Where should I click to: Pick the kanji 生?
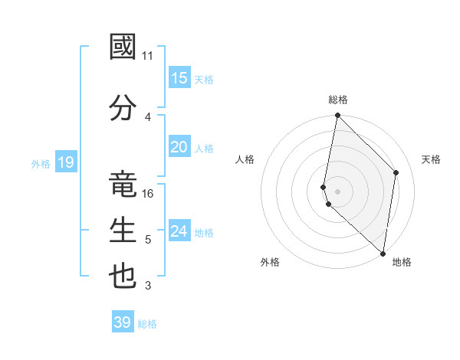[123, 231]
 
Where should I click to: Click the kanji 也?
[123, 277]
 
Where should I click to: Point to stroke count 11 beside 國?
[148, 56]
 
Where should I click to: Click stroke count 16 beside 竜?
[148, 194]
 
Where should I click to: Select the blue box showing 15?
[179, 78]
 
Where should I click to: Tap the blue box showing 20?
[179, 147]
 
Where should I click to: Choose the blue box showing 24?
[179, 231]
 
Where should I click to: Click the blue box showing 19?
[66, 162]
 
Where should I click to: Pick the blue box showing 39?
[123, 322]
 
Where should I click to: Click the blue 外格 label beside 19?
[41, 163]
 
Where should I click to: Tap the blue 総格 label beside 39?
[147, 324]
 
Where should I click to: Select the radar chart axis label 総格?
[338, 100]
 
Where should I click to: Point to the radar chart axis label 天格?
[432, 159]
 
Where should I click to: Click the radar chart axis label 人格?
[245, 159]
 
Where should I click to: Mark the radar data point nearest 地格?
[383, 254]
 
